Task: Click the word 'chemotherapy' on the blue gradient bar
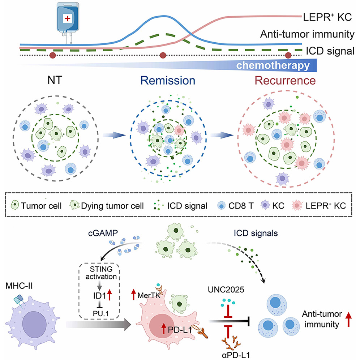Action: point(273,66)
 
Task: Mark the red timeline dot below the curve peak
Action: point(163,55)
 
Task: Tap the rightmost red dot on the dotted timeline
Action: point(288,55)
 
